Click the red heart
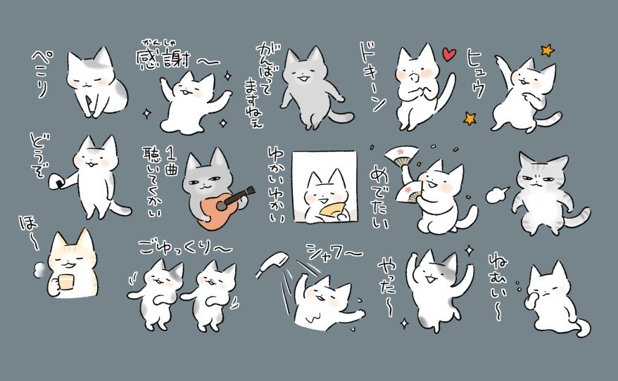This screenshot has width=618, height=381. [448, 55]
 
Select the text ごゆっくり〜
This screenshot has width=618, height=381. [184, 247]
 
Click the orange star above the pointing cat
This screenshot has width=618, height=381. [547, 50]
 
